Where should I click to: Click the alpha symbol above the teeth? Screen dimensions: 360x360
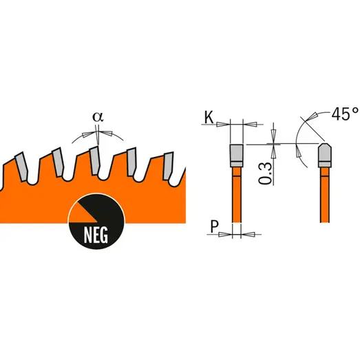tap(98, 117)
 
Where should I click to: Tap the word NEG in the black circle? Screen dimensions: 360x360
tap(96, 235)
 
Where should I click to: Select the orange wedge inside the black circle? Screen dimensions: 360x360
tap(83, 213)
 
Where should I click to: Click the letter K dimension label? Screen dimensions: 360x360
tap(209, 118)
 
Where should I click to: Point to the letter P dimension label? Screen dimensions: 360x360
tap(214, 226)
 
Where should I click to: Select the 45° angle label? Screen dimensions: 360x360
tap(344, 114)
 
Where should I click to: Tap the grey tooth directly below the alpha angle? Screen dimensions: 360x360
tap(94, 160)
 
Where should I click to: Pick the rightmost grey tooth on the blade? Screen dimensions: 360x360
tap(168, 166)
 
